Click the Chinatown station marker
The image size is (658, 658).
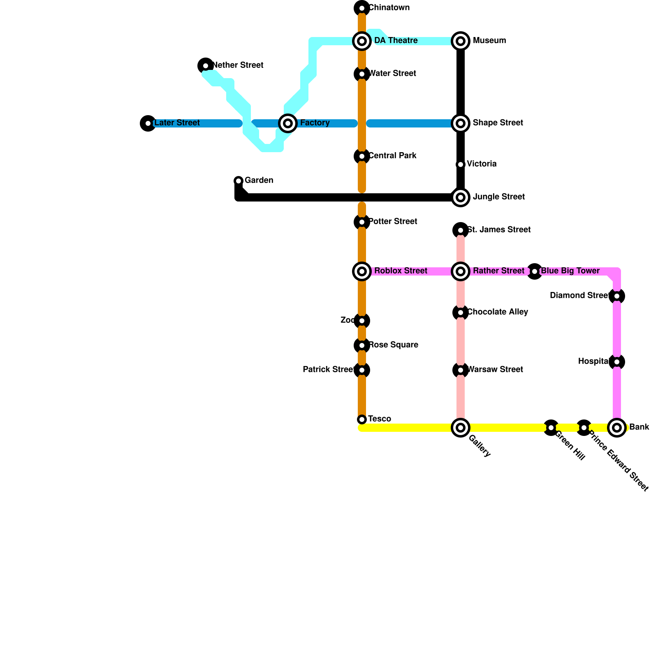(362, 8)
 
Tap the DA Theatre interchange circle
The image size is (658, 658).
(362, 41)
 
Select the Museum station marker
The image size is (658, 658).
(461, 41)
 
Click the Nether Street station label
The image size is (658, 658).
(239, 65)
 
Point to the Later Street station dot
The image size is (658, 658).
(148, 123)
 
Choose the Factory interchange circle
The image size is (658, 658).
(288, 123)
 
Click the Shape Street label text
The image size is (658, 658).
(498, 123)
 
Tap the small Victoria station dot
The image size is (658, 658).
(461, 164)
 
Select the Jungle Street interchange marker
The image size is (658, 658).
(461, 197)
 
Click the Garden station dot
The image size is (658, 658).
(239, 181)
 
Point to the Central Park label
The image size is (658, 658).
(393, 156)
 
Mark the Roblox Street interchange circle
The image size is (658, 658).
(362, 271)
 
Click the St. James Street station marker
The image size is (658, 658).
(461, 230)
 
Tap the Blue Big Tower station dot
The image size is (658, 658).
(535, 271)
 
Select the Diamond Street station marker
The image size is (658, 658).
(617, 296)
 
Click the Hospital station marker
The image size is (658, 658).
(617, 362)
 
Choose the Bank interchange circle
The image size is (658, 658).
(617, 428)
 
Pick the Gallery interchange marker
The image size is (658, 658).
(461, 428)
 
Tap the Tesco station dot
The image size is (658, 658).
(362, 419)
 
